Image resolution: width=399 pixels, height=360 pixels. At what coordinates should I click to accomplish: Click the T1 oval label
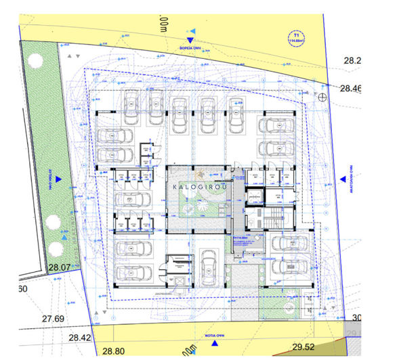pos(296,37)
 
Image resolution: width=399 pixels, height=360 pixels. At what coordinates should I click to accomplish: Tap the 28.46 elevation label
pos(352,88)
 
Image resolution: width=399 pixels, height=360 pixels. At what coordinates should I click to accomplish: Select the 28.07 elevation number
pos(60,268)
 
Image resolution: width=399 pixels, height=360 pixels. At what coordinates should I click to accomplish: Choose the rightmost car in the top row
pos(236,114)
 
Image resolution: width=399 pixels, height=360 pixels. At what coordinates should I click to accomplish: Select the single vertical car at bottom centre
pos(207,265)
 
